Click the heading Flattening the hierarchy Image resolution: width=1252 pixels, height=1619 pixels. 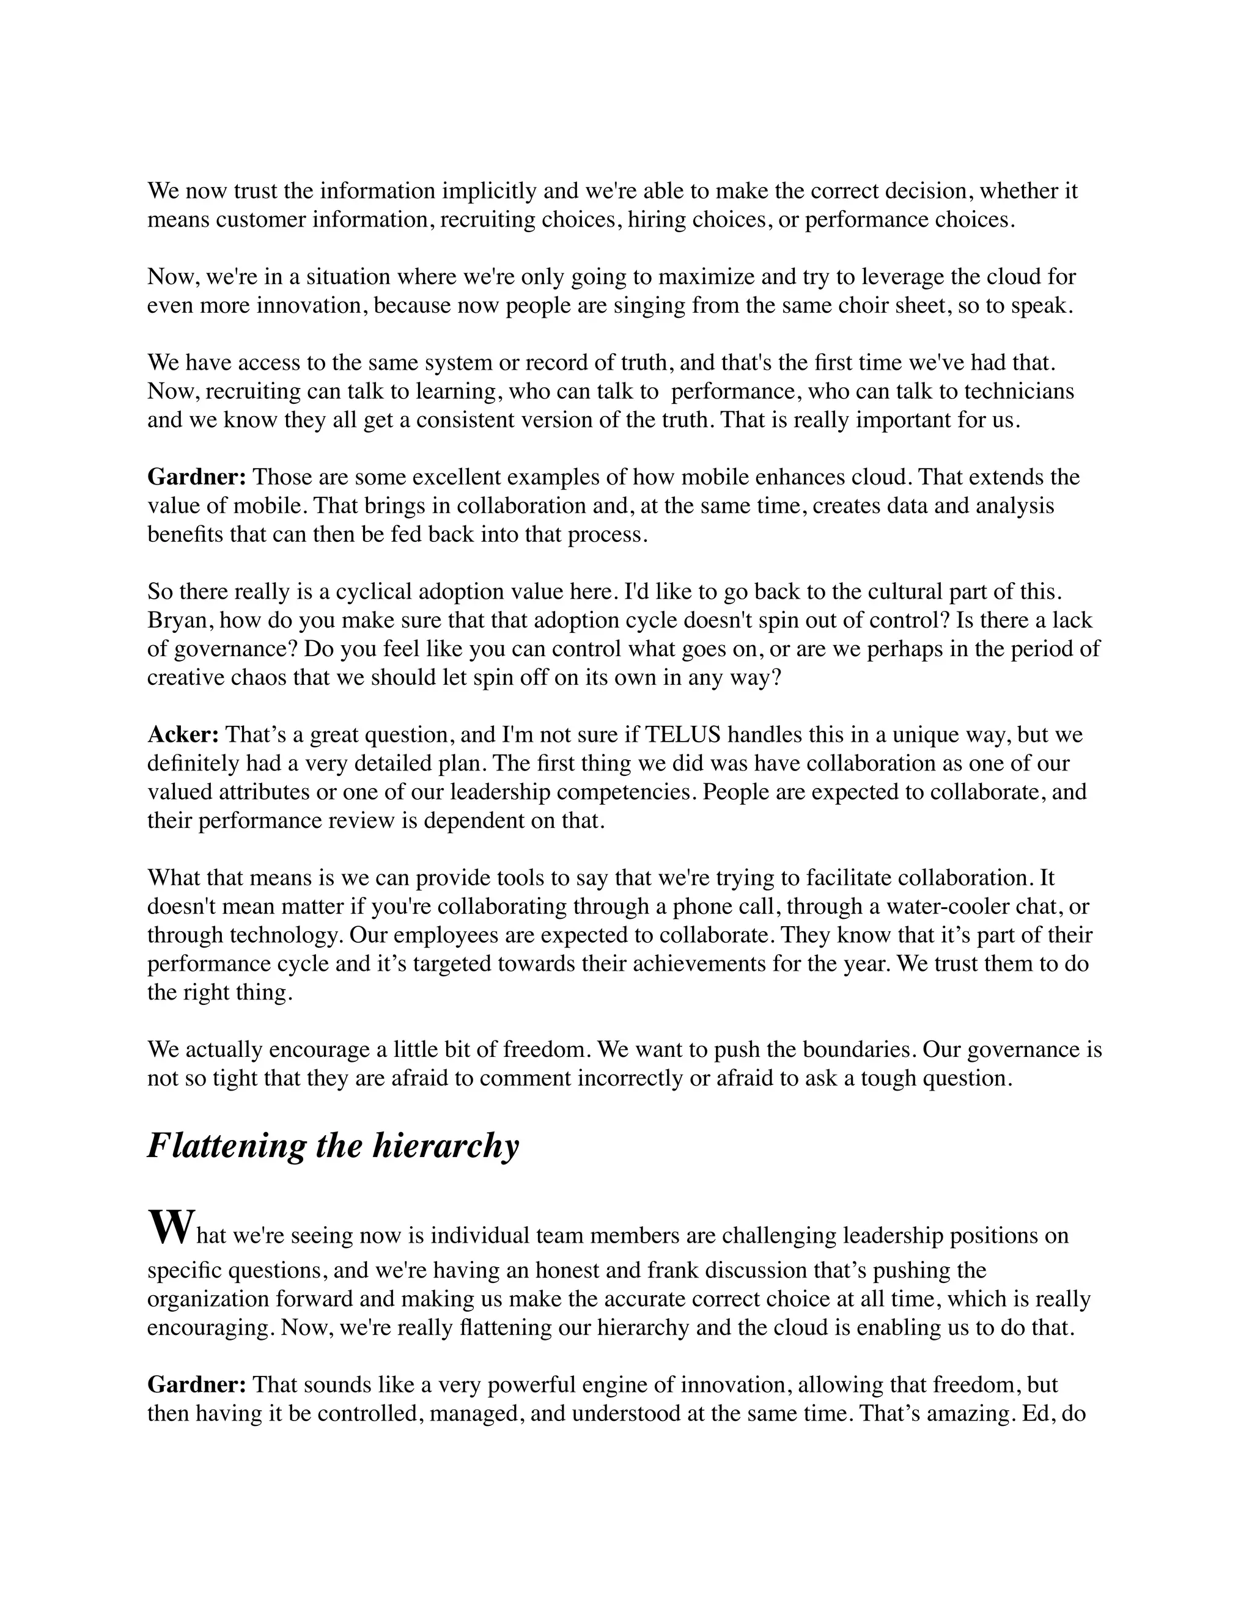[333, 1146]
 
